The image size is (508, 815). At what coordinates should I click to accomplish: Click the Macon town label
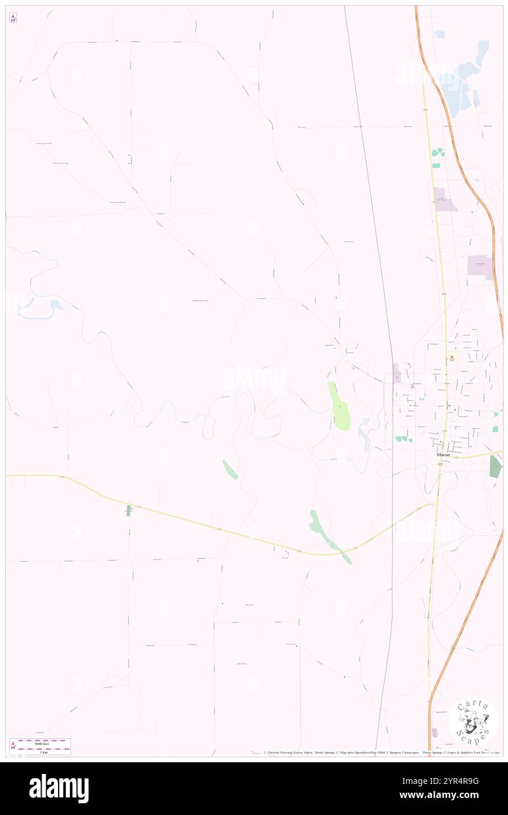[442, 454]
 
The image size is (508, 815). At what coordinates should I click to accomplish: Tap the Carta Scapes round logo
[473, 721]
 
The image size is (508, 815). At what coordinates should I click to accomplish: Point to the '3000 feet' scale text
[40, 743]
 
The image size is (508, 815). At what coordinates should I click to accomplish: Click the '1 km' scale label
[43, 752]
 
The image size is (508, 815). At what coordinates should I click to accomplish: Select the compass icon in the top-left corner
[13, 18]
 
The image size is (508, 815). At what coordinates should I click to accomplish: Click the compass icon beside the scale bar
[13, 746]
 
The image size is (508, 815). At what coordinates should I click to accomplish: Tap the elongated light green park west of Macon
[340, 406]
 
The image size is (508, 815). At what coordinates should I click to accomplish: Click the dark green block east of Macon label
[495, 466]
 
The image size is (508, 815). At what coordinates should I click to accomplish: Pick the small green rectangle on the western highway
[128, 510]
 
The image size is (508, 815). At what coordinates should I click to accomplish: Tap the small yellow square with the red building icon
[452, 358]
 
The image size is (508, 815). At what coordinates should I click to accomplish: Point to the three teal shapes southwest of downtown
[404, 439]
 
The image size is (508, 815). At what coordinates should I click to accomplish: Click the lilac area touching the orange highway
[480, 266]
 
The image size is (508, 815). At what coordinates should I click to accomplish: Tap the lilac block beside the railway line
[397, 372]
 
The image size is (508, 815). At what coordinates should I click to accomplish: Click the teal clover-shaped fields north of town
[438, 153]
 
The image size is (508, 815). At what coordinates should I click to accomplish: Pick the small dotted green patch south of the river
[230, 469]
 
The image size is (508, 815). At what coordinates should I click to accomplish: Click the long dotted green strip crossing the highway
[328, 535]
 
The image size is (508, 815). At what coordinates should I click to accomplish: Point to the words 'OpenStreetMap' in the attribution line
[369, 752]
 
